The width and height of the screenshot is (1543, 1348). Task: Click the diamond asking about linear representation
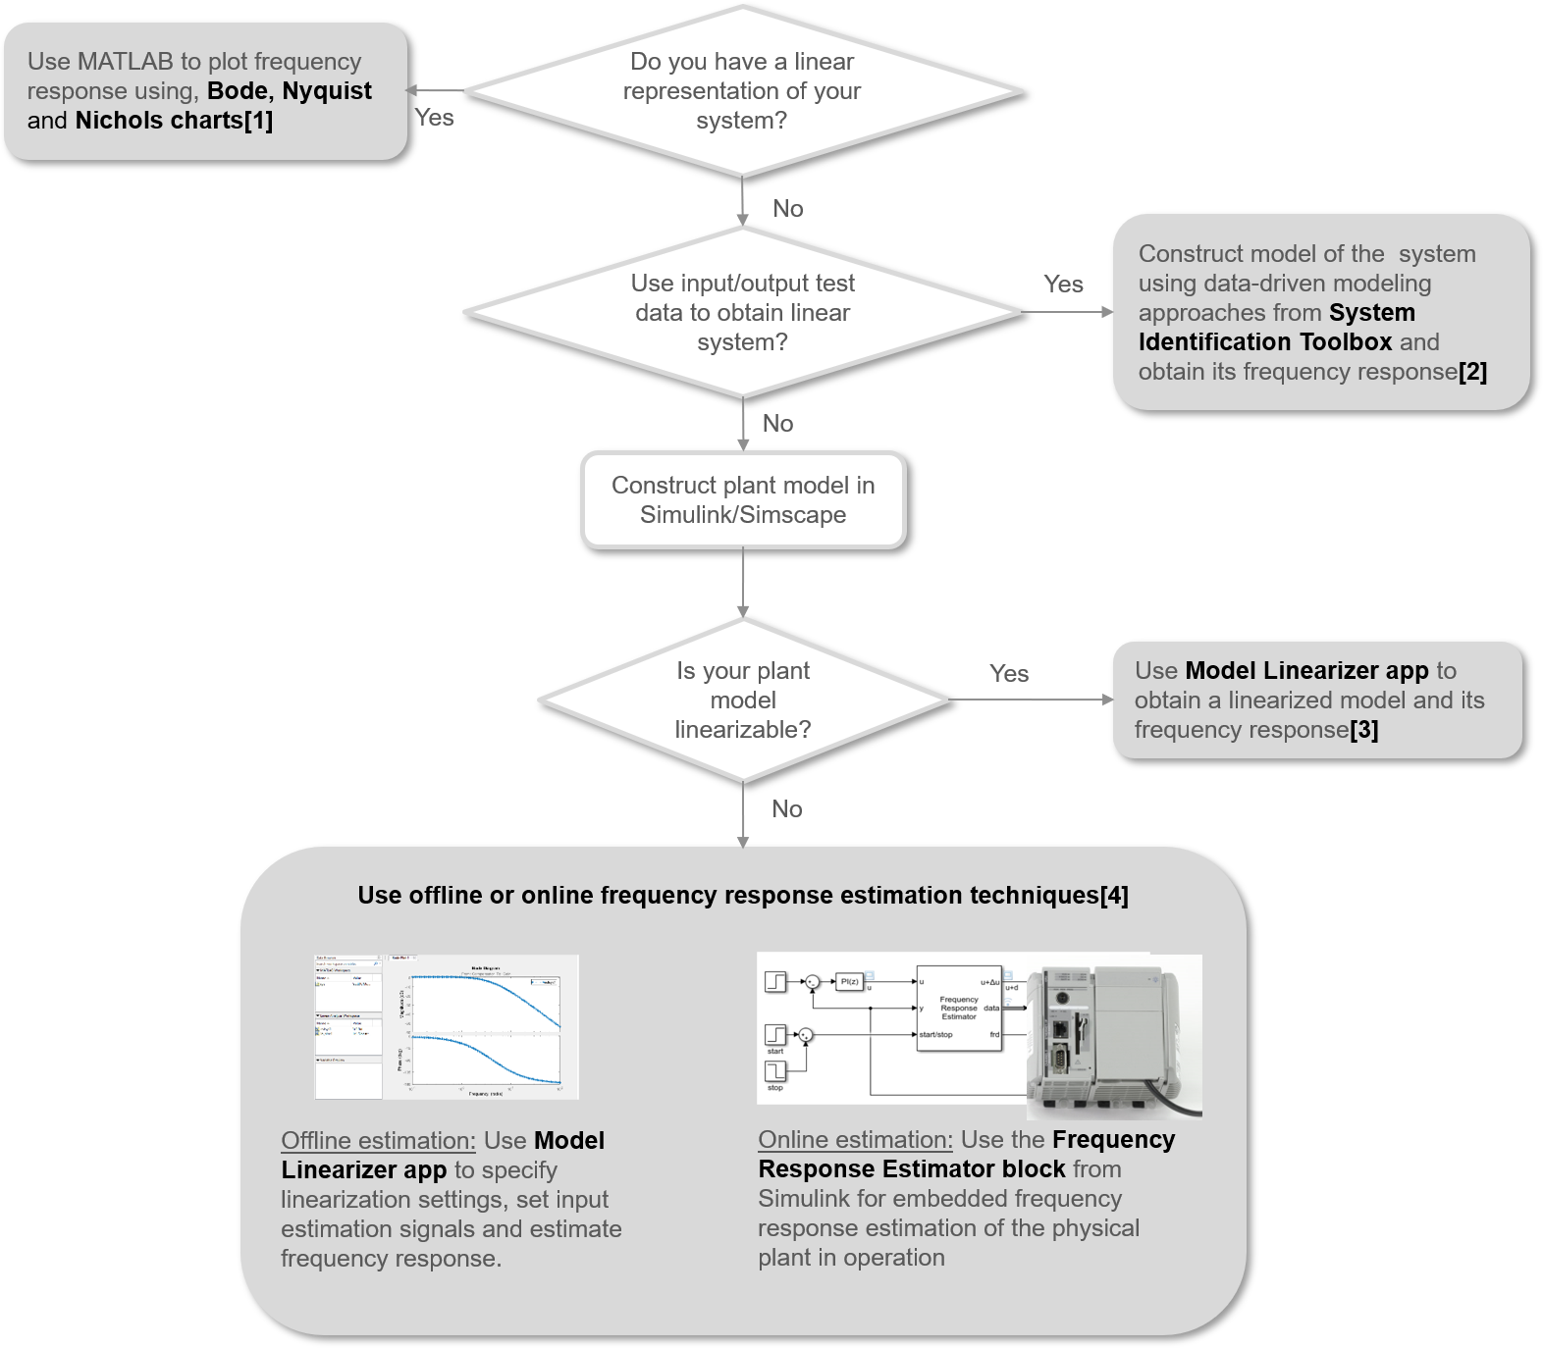pos(742,91)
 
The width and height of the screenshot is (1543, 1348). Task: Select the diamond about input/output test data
pos(742,312)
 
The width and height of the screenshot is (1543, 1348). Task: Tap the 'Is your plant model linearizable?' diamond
pos(743,700)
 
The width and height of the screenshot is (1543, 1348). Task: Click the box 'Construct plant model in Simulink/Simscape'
pos(743,499)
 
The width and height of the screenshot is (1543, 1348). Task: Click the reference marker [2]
pos(1472,372)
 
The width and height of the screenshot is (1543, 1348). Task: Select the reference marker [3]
pos(1363,730)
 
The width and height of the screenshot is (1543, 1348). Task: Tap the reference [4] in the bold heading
pos(1114,896)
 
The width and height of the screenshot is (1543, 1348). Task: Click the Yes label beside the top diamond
pos(434,118)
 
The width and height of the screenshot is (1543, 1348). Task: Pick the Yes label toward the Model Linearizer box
pos(1009,674)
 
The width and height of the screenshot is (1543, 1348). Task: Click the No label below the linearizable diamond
pos(787,809)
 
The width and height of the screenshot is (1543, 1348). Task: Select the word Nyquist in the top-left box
pos(327,91)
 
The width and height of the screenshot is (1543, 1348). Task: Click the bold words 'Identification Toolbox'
pos(1265,342)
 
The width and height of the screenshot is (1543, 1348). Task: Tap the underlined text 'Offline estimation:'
pos(378,1141)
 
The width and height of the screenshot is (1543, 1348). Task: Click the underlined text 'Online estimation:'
pos(855,1140)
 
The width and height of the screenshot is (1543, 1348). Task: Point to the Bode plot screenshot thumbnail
pos(447,1027)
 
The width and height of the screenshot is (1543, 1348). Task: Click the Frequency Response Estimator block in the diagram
pos(959,1009)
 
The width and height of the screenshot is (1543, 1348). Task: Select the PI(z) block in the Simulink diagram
pos(849,981)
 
